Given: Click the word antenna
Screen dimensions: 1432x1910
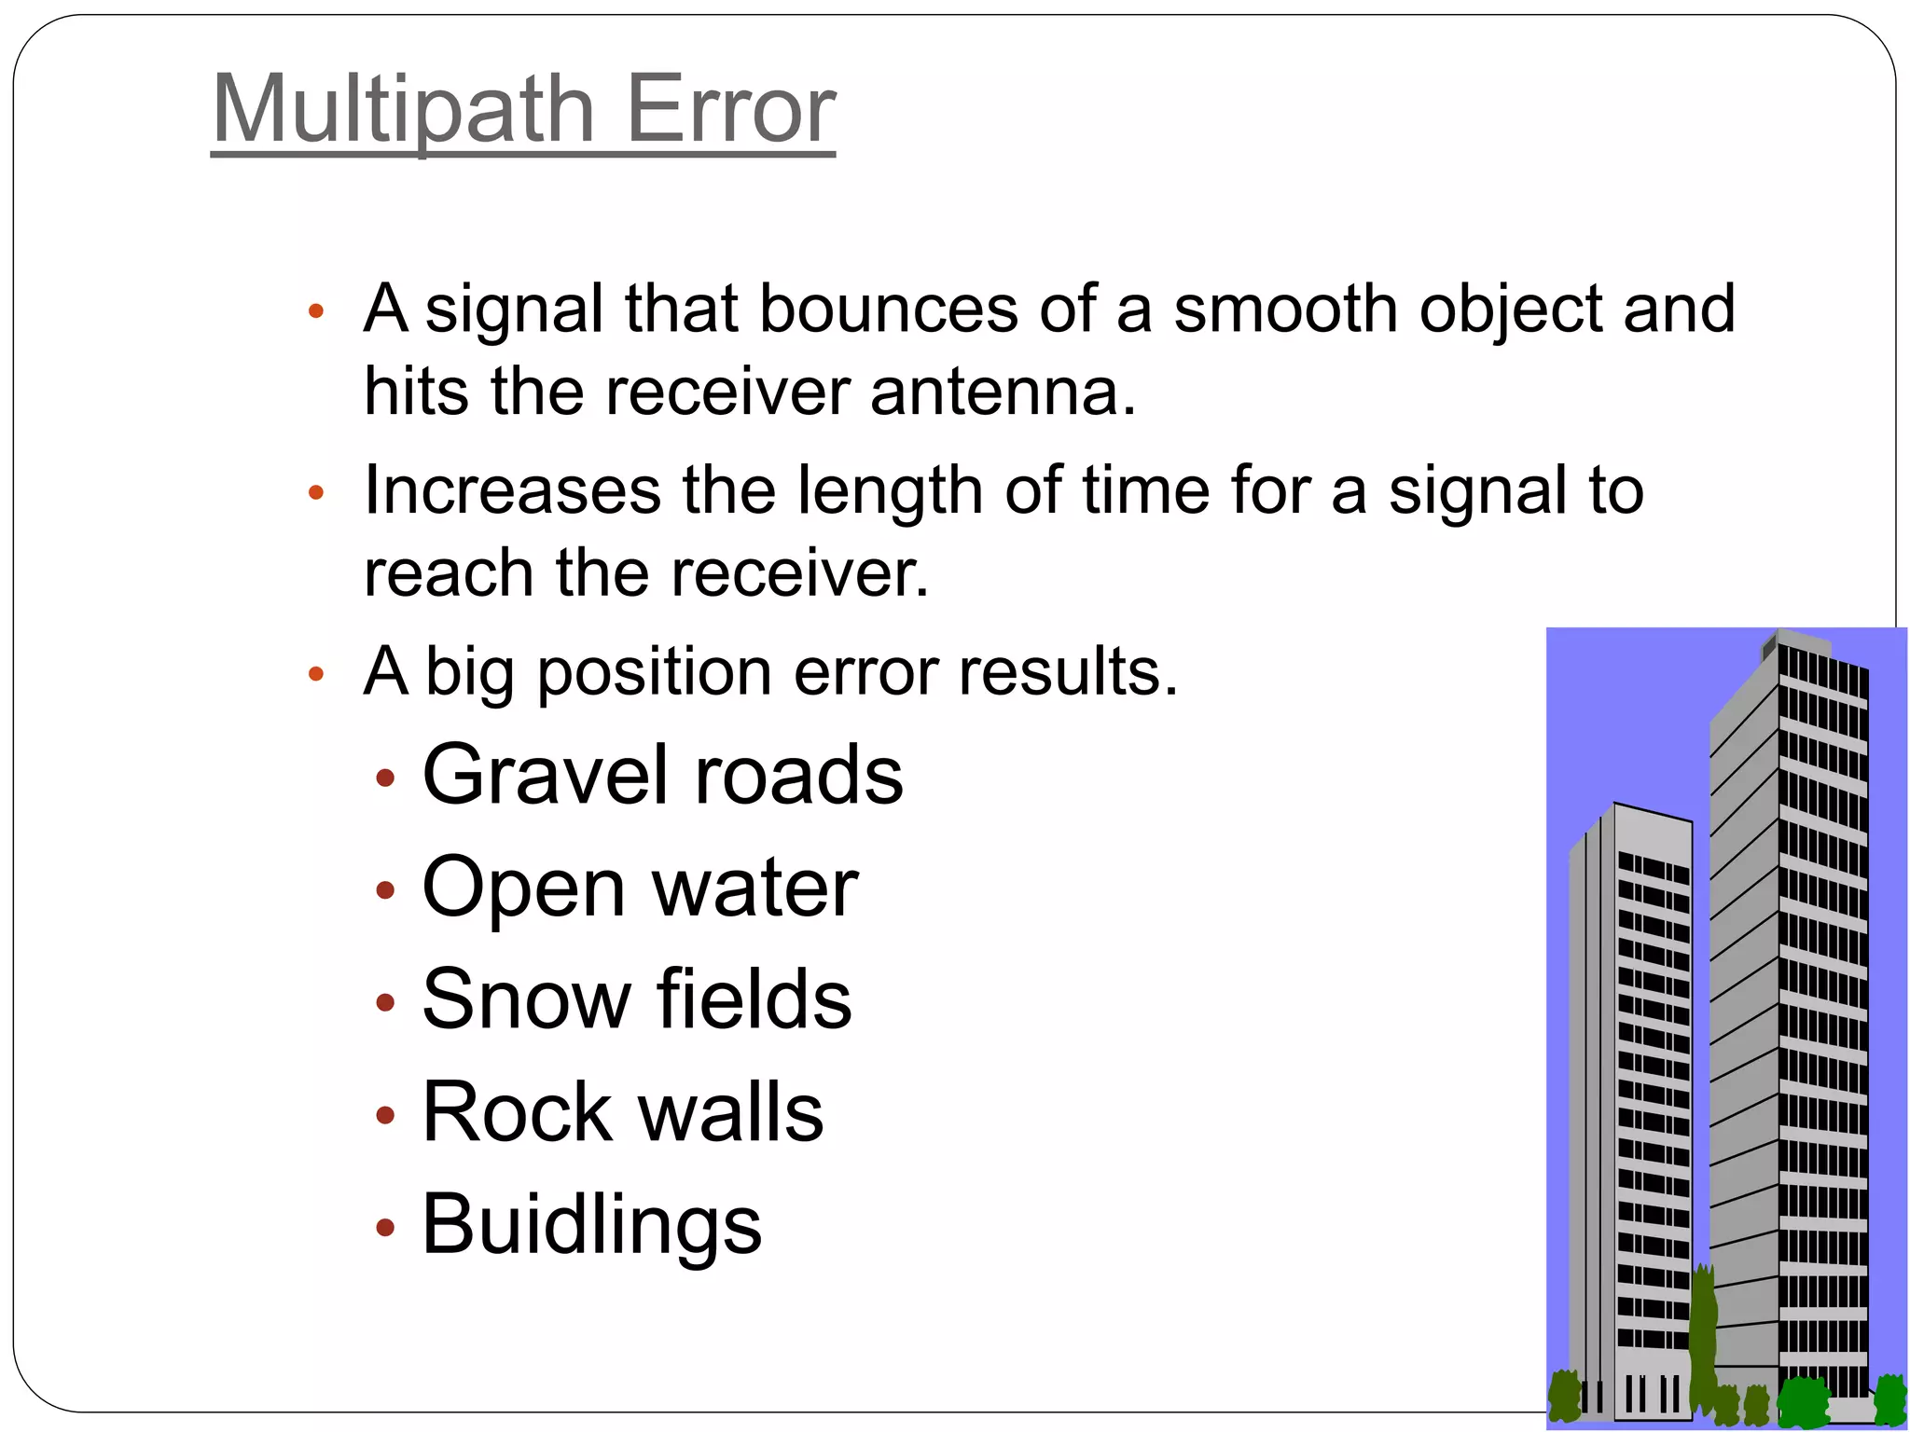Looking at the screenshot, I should (x=1003, y=392).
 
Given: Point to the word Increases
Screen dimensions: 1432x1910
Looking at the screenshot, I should (x=512, y=490).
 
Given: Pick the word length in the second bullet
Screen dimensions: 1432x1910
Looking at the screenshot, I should (x=890, y=492).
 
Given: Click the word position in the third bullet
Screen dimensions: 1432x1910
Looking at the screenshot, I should (x=654, y=673).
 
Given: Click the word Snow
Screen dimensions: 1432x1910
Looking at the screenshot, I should (x=527, y=999).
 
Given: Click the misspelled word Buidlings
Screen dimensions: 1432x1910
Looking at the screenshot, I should (x=592, y=1224).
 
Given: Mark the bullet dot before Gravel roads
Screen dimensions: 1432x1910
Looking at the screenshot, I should (x=385, y=778).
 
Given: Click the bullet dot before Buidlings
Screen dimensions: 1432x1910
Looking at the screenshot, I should (x=385, y=1228).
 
